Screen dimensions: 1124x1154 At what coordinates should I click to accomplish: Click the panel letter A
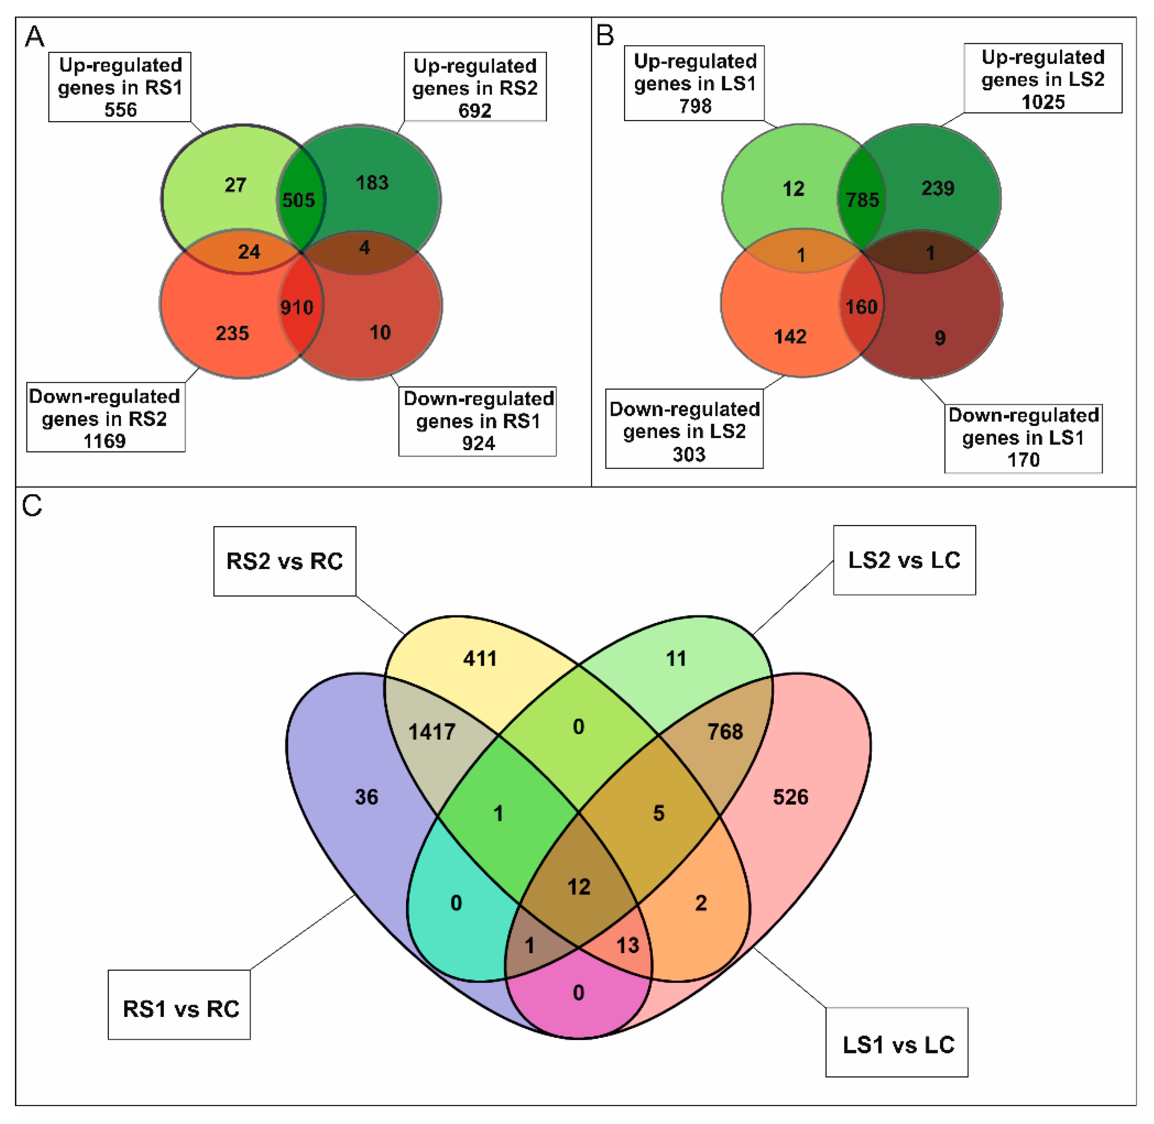(34, 37)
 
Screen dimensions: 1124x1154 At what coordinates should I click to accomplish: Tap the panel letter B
(605, 36)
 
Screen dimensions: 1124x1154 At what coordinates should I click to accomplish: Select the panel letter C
(32, 506)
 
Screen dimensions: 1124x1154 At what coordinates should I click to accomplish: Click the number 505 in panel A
(298, 200)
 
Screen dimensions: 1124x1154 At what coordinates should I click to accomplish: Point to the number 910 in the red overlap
(297, 307)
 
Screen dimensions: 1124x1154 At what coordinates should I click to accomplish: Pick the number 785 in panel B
(863, 200)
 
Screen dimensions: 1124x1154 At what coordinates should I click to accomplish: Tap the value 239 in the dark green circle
(938, 188)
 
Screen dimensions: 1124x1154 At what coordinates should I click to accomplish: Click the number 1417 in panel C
(432, 732)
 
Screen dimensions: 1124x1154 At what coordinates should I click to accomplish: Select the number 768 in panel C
(725, 732)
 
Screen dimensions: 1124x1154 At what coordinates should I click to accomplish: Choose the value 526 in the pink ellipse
(790, 797)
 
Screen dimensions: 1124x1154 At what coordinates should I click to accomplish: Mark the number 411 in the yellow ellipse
(480, 658)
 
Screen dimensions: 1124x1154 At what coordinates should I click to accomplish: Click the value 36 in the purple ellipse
(367, 797)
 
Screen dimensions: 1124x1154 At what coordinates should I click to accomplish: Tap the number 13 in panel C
(628, 945)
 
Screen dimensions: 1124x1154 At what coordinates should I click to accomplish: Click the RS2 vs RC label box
(285, 561)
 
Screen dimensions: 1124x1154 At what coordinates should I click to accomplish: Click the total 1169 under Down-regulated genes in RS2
(105, 441)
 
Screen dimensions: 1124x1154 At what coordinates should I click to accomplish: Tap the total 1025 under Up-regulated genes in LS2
(1043, 102)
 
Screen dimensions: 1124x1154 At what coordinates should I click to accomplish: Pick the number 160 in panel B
(861, 307)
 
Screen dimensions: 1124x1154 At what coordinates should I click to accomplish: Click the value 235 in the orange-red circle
(232, 333)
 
